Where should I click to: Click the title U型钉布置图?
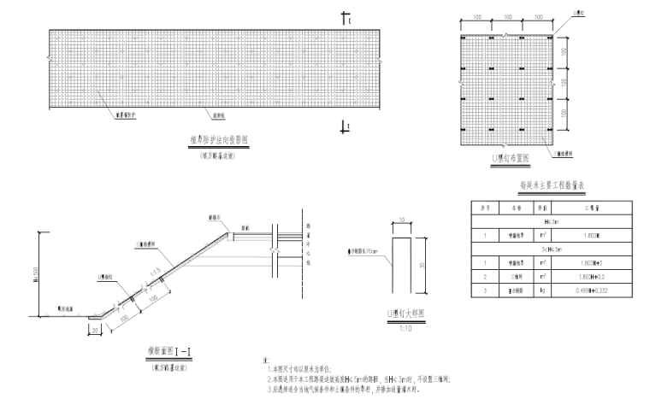[511, 158]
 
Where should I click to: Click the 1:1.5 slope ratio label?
[153, 273]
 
